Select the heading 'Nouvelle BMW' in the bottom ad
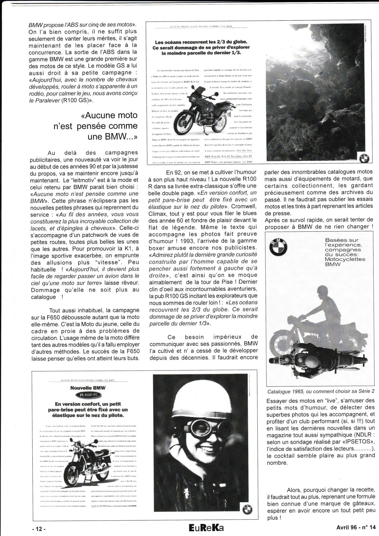click(88, 388)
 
